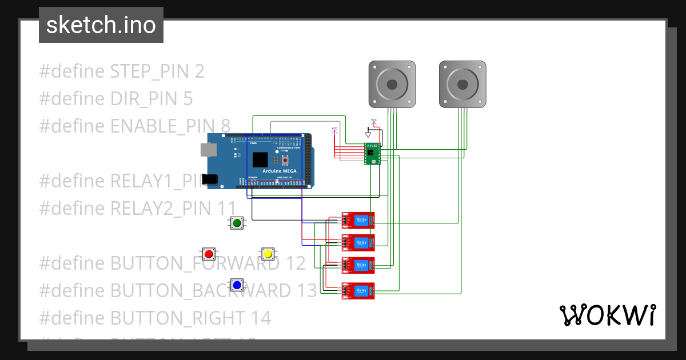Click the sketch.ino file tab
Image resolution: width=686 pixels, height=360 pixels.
(x=101, y=25)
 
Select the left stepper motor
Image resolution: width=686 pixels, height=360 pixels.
(x=392, y=84)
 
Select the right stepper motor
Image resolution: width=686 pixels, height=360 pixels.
(x=462, y=84)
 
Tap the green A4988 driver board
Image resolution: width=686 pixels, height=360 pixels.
(x=372, y=153)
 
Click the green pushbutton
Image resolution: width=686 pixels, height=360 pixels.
(x=237, y=223)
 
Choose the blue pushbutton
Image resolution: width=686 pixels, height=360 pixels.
(x=237, y=284)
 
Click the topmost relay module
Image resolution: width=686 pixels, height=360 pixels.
(x=358, y=220)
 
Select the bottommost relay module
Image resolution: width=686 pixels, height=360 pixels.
(x=358, y=291)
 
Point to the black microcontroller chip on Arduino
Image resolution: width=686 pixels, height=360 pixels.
(x=260, y=160)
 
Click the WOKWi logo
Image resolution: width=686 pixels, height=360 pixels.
(x=607, y=315)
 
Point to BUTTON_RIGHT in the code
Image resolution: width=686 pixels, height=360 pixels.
(x=190, y=318)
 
